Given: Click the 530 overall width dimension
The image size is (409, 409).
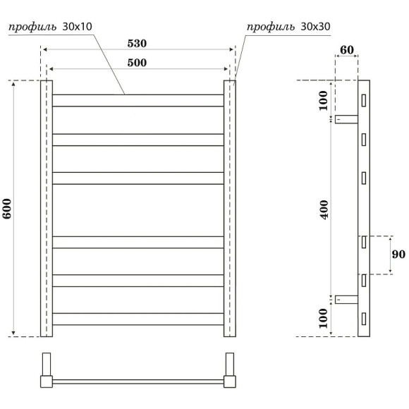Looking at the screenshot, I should (x=137, y=43).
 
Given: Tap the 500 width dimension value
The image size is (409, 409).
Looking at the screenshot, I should (x=137, y=63).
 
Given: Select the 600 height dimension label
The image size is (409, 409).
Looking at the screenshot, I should (x=7, y=209).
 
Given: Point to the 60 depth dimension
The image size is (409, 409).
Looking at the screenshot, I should (x=346, y=50).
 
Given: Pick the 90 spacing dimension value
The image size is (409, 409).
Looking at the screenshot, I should (x=397, y=254).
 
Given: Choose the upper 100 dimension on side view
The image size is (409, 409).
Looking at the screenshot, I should (x=324, y=101).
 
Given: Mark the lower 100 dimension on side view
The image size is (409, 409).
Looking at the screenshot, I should (x=324, y=318).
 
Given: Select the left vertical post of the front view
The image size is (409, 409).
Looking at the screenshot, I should (x=47, y=209).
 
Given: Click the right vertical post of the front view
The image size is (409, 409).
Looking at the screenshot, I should (x=230, y=209).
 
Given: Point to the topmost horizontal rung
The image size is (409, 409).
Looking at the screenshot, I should (x=138, y=100).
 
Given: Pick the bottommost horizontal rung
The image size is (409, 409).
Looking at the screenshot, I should (x=138, y=319).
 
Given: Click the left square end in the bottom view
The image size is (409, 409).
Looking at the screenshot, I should (x=47, y=381).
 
